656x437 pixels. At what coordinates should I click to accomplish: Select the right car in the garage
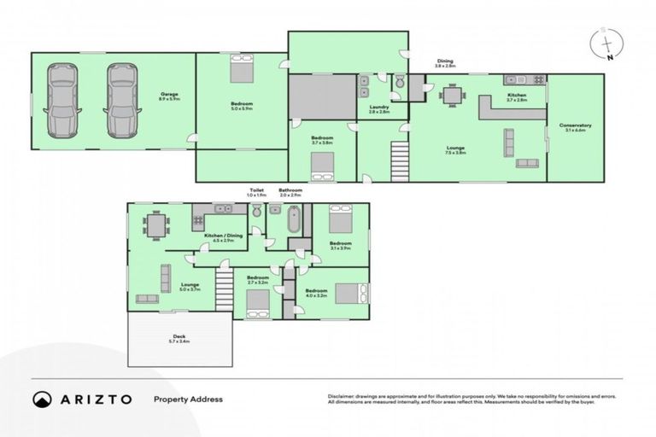122,100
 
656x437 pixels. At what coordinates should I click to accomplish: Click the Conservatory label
576,128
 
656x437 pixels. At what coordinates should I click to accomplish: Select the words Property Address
188,399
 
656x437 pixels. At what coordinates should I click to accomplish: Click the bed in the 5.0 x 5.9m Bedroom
240,66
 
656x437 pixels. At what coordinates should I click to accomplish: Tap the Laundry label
379,109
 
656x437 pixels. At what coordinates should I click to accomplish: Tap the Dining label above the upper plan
446,62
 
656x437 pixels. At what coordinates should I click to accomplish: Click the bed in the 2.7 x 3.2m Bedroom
257,302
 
